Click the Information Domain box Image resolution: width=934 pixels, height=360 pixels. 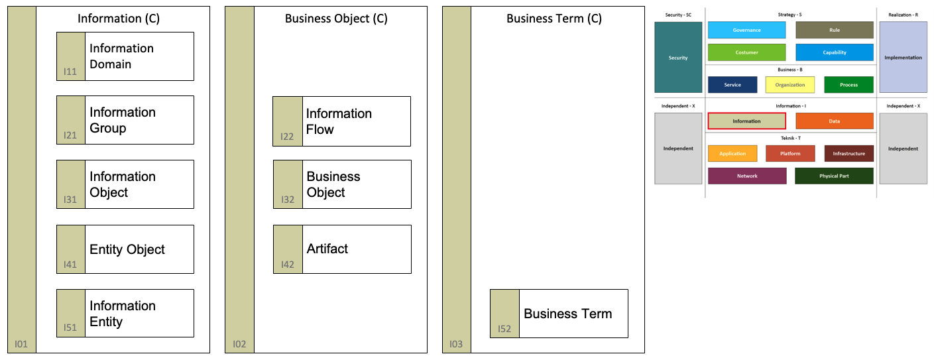point(125,56)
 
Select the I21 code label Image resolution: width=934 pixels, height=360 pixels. point(70,135)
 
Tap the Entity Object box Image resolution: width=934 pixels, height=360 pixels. point(125,249)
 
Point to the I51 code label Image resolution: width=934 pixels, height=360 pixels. point(70,328)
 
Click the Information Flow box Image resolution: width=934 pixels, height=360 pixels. point(341,121)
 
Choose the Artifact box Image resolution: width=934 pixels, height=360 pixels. point(342,249)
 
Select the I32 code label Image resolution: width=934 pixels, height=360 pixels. point(288,200)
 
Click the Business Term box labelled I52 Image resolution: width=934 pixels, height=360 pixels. point(559,314)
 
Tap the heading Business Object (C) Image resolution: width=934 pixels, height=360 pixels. point(336,19)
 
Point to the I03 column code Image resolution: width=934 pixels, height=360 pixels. point(456,344)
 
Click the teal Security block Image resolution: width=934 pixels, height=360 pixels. point(678,57)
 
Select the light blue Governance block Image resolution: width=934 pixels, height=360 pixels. point(746,30)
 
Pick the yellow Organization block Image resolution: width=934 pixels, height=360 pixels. point(789,85)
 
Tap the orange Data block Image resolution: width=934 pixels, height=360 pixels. point(835,121)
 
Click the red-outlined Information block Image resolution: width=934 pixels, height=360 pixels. point(747,121)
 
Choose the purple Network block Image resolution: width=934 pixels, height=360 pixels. point(747,176)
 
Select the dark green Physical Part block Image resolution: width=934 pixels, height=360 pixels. point(834,176)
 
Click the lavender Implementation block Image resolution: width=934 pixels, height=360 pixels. point(903,57)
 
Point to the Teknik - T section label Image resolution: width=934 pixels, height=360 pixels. point(791,138)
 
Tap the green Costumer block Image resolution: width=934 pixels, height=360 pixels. point(746,52)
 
